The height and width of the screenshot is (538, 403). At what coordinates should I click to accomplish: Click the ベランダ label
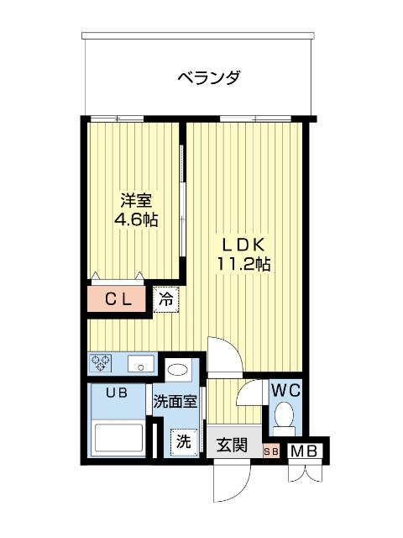(x=209, y=78)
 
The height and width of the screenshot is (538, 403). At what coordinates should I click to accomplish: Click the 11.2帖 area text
(x=243, y=264)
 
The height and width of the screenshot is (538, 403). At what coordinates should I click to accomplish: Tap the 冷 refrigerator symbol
(x=166, y=298)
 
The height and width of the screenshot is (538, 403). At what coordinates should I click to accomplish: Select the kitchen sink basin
(x=139, y=365)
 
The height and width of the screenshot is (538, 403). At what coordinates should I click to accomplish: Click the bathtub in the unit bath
(x=118, y=437)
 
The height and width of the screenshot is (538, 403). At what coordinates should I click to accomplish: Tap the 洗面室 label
(x=175, y=402)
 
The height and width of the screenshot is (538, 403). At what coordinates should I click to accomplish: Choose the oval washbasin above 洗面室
(x=177, y=368)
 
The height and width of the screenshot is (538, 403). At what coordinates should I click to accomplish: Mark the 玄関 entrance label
(x=232, y=445)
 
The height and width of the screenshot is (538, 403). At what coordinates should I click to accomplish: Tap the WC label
(x=284, y=390)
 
